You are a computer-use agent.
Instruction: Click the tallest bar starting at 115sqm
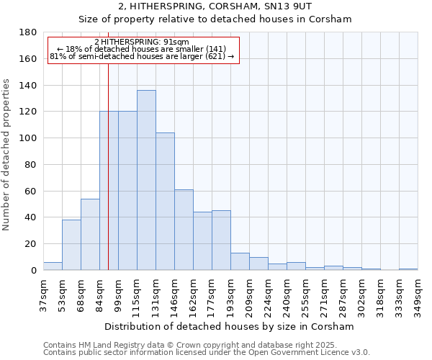(x=146, y=180)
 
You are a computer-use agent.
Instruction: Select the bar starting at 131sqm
(x=165, y=202)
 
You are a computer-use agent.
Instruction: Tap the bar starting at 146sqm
(x=184, y=230)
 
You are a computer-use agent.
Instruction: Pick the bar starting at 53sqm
(x=71, y=245)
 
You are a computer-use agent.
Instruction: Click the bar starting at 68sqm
(x=90, y=235)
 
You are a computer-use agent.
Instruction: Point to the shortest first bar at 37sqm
(x=53, y=266)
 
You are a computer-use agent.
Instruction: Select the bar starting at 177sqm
(x=221, y=240)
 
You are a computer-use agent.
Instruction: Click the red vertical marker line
(x=108, y=166)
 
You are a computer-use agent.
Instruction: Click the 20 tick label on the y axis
(x=31, y=244)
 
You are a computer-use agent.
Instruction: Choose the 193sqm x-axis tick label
(x=231, y=294)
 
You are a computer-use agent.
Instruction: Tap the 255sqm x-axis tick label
(x=306, y=294)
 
